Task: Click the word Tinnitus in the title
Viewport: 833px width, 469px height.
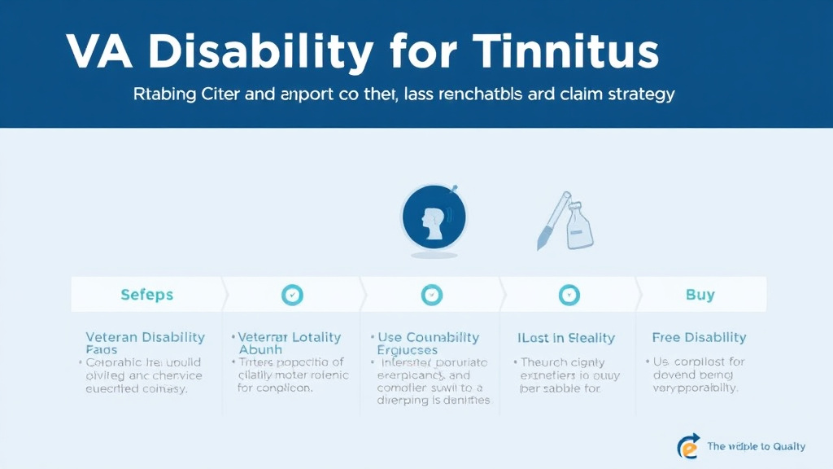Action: pyautogui.click(x=563, y=54)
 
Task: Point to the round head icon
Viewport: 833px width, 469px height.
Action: pyautogui.click(x=434, y=217)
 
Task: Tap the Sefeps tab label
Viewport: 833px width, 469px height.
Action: pyautogui.click(x=147, y=295)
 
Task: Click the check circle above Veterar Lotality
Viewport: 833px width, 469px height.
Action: pyautogui.click(x=292, y=295)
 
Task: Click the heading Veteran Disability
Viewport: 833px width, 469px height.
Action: pyautogui.click(x=146, y=337)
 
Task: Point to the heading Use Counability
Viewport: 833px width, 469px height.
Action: pyautogui.click(x=429, y=337)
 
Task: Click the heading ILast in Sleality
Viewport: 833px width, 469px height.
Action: pyautogui.click(x=566, y=337)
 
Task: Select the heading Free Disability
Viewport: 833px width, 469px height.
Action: pyautogui.click(x=699, y=337)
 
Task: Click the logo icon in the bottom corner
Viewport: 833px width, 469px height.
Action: pyautogui.click(x=688, y=445)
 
